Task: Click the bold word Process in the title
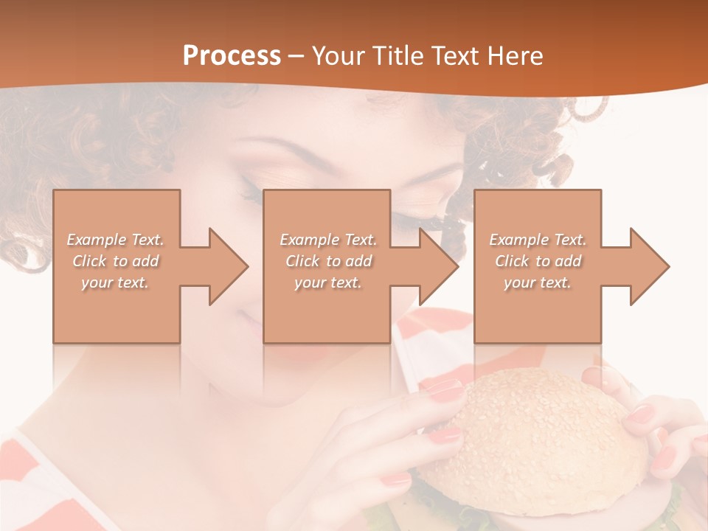coord(232,56)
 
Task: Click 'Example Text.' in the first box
coord(116,240)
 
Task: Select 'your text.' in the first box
coord(116,282)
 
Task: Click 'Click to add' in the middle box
coord(328,261)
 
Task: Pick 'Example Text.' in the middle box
coord(328,240)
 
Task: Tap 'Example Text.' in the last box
coord(538,240)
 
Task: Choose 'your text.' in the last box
coord(538,282)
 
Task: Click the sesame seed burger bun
coord(546,435)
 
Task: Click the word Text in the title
coord(452,56)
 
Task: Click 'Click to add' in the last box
coord(538,261)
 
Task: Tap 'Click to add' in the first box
coord(116,261)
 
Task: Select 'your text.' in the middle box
coord(328,282)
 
